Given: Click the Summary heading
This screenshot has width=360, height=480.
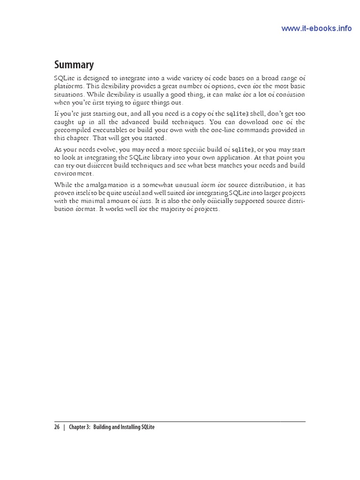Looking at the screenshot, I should coord(74,65).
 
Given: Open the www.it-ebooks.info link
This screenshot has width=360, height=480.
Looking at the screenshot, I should coord(316,28).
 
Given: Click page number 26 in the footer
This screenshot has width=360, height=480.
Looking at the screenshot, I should coord(57,427).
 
